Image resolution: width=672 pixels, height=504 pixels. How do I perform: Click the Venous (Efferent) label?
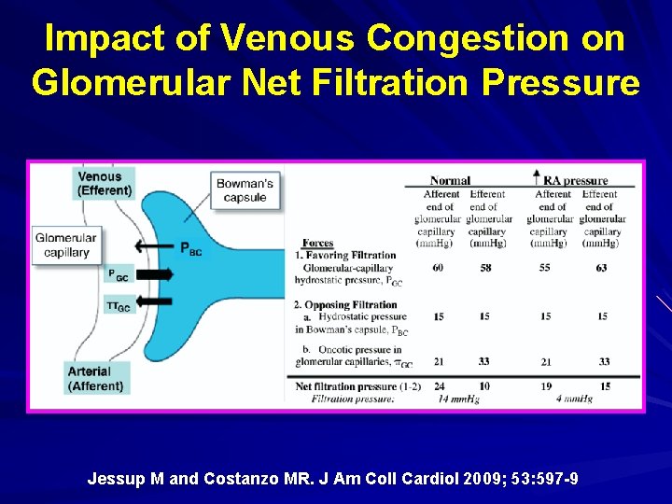click(x=105, y=183)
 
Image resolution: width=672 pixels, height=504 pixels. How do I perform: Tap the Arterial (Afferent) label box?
click(x=96, y=378)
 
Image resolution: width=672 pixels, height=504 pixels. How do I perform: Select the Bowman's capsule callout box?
click(x=245, y=189)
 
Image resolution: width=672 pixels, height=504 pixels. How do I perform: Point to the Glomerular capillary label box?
click(x=66, y=245)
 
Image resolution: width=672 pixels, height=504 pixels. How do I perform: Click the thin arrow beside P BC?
click(x=154, y=246)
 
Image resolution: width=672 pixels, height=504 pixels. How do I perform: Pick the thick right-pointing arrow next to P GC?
click(x=153, y=273)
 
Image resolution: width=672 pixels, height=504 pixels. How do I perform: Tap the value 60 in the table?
click(x=439, y=268)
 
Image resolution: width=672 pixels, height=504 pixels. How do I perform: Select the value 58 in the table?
click(x=485, y=268)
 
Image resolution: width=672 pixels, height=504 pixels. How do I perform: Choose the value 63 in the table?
click(x=602, y=268)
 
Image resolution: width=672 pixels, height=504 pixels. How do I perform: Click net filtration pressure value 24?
click(x=439, y=385)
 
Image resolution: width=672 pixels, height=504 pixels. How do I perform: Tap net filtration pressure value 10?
click(x=485, y=385)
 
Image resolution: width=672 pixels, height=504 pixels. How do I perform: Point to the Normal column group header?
click(x=450, y=180)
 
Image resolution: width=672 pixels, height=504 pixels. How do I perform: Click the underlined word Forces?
click(x=317, y=244)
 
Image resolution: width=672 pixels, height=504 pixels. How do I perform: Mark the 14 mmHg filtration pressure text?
click(x=458, y=399)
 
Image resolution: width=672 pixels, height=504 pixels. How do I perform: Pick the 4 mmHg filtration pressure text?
click(x=575, y=399)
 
